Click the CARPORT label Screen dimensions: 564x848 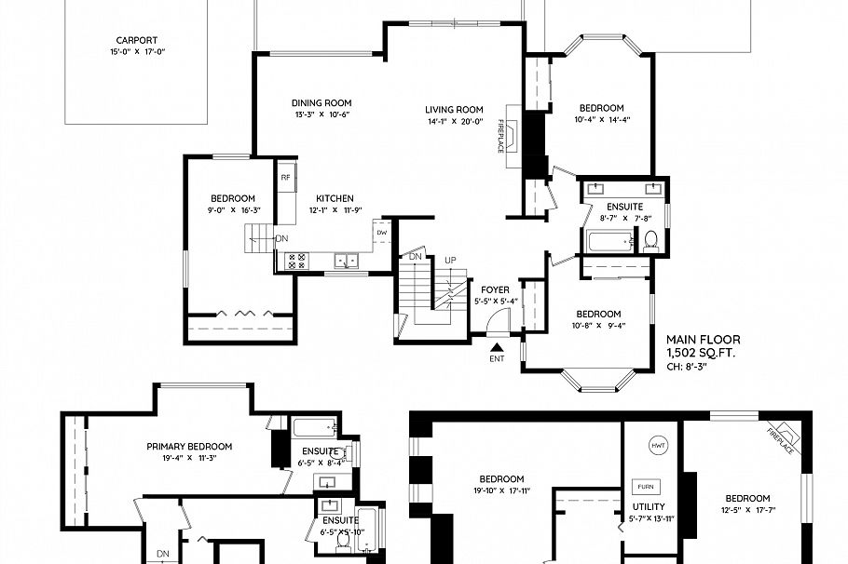click(136, 40)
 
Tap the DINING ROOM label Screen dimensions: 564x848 click(321, 103)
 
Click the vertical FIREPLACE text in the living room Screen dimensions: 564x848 click(500, 136)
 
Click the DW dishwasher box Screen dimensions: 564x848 click(381, 233)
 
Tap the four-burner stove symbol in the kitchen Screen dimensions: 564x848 click(296, 261)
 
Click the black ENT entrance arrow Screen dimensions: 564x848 click(496, 346)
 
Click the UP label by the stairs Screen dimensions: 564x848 click(450, 259)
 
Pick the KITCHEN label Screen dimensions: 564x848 click(335, 198)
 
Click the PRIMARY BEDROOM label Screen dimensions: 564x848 click(189, 447)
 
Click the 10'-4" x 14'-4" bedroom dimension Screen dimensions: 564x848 click(601, 120)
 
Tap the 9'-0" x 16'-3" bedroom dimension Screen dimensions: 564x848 click(232, 210)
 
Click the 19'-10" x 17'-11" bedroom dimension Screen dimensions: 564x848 click(502, 490)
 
